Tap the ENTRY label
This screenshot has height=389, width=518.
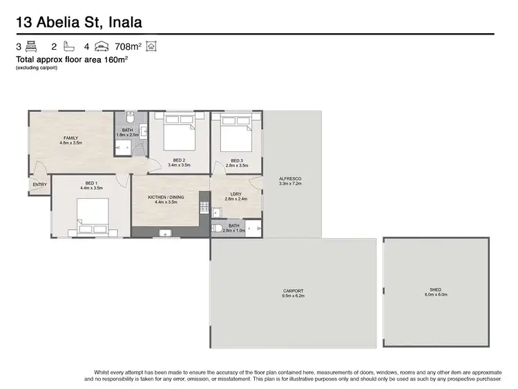click(39, 184)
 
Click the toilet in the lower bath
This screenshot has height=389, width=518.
click(218, 229)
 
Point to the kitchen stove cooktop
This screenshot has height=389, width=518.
click(204, 205)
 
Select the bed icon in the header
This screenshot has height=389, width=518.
click(31, 47)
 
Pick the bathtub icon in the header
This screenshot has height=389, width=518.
click(68, 47)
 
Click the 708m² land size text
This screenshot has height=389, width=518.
click(128, 47)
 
